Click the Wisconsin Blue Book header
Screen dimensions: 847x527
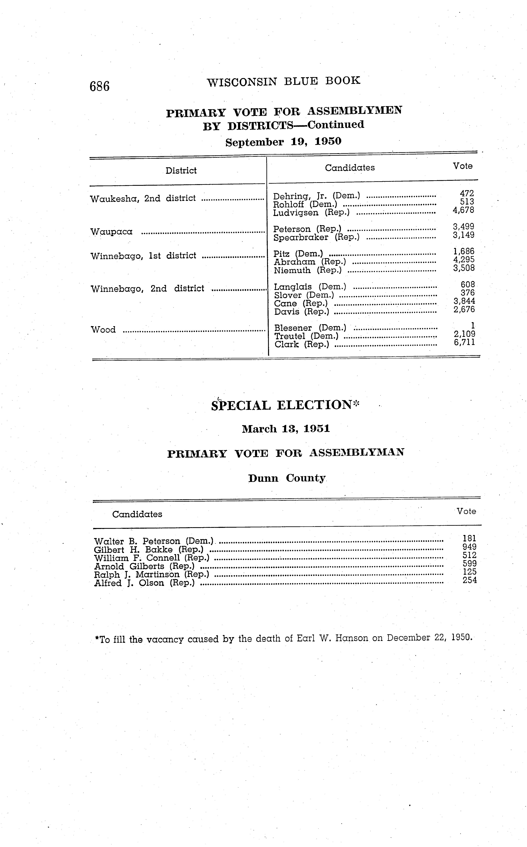283,81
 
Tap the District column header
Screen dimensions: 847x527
181,170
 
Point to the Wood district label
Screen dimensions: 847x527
103,329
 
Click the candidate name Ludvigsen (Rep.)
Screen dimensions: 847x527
311,213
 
